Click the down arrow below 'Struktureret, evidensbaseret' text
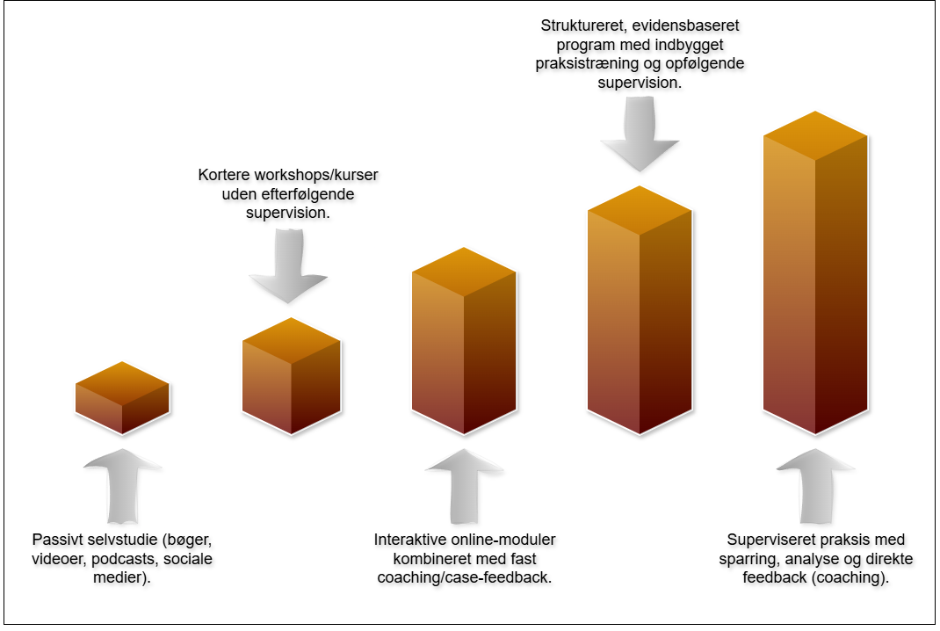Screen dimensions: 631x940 coord(640,132)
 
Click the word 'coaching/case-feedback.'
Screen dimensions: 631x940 coord(465,577)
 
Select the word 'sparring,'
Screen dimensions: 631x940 coord(744,558)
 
